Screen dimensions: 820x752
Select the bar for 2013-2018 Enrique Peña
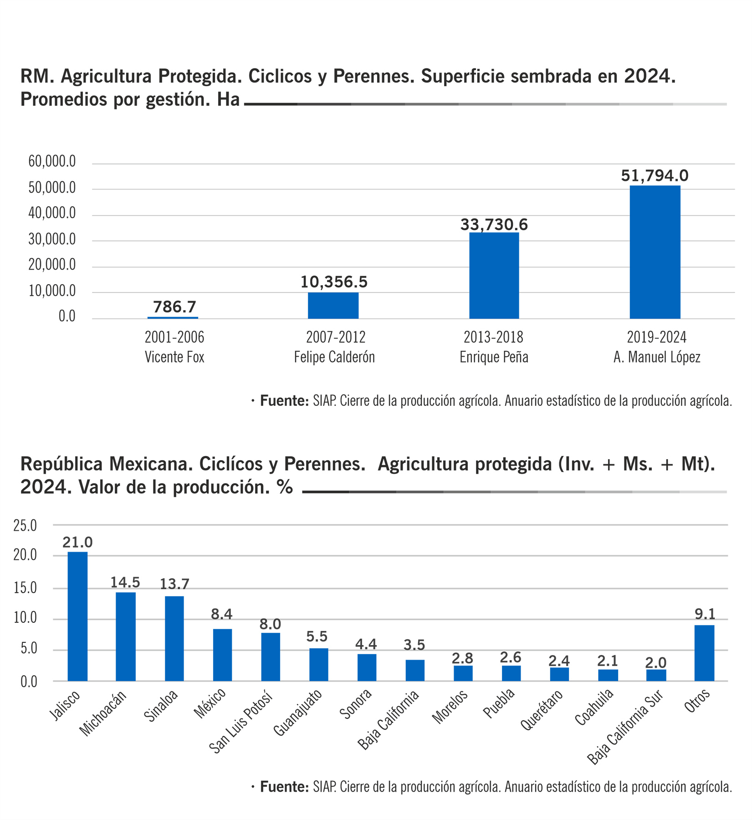tap(494, 276)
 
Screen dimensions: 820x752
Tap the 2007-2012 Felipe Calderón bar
tap(333, 305)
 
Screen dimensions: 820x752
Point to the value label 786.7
tap(174, 307)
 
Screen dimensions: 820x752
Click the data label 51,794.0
tap(655, 175)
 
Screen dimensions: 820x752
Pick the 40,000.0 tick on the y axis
tap(52, 213)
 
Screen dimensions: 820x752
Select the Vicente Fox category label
tap(174, 357)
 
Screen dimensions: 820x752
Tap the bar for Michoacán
tap(126, 636)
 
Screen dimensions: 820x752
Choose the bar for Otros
tap(704, 653)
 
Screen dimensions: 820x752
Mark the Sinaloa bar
tap(174, 638)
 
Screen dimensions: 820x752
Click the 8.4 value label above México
tap(222, 614)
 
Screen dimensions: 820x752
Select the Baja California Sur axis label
tap(624, 727)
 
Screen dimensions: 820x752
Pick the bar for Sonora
tap(367, 667)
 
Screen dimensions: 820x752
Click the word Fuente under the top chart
tap(284, 401)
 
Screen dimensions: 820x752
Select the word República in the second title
tap(61, 464)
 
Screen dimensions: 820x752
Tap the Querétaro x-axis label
tap(542, 710)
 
